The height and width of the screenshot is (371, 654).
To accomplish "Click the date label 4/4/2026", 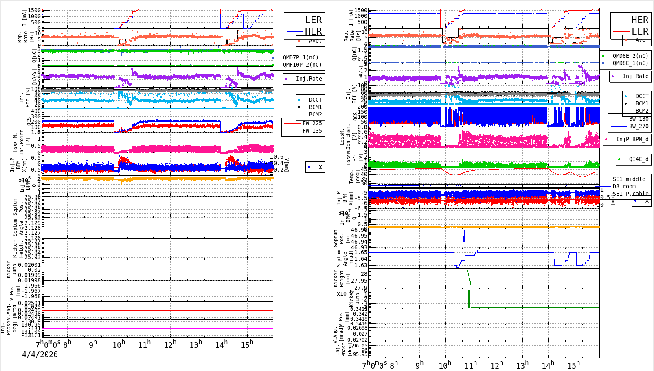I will coord(40,354).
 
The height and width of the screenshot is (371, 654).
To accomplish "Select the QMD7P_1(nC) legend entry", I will coord(301,57).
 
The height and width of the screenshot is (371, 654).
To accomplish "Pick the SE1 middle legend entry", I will coord(629,179).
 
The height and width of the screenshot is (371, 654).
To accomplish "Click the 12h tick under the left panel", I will coord(170,345).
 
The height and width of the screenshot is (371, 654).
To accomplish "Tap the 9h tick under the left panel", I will coord(93,344).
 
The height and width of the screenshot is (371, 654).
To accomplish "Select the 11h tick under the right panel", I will coord(470,365).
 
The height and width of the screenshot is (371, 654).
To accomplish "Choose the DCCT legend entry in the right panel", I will coord(642,96).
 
